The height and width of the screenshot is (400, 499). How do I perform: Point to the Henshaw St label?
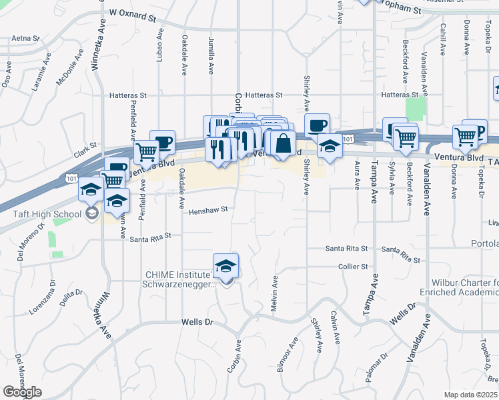[208, 209]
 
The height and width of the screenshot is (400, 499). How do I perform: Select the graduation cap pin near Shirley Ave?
[329, 147]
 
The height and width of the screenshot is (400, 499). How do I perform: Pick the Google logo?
[22, 392]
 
